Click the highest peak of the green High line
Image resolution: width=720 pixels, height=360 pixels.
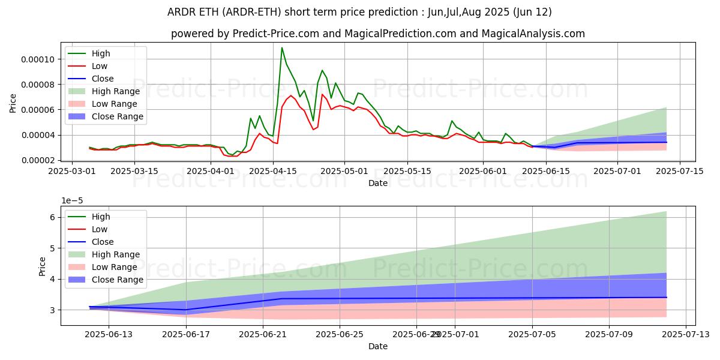coord(282,47)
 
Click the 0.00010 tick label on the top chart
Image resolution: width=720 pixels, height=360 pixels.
coord(37,59)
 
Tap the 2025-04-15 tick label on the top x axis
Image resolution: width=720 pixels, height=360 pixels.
coord(273,171)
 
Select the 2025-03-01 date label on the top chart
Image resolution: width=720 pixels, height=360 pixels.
coord(72,171)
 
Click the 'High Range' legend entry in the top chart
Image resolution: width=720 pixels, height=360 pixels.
coord(115,91)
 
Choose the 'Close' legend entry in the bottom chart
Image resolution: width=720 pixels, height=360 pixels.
coord(103,242)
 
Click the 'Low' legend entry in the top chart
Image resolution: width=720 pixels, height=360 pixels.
coord(100,66)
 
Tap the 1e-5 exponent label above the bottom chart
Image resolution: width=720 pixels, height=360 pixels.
coord(71,200)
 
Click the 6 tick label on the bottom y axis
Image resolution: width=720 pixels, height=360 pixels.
coord(52,217)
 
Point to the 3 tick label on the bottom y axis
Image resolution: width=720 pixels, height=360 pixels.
coord(52,310)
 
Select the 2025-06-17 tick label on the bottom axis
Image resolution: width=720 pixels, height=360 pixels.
coord(186,334)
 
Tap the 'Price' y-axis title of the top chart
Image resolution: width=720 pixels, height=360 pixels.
coord(13,103)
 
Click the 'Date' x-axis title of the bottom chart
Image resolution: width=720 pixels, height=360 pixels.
coord(378,346)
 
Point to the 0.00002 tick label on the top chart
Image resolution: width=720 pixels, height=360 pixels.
coord(37,160)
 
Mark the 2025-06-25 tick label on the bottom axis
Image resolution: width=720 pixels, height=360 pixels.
coord(340,334)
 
